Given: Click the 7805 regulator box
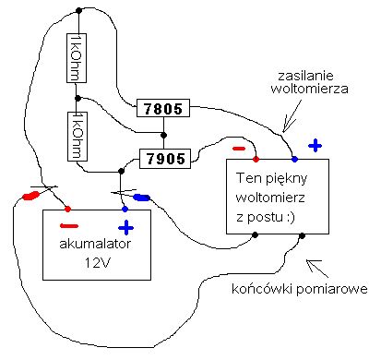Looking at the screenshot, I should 162,108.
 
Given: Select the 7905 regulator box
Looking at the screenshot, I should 162,159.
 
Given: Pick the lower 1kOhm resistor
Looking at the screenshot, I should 77,135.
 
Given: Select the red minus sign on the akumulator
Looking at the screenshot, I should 69,226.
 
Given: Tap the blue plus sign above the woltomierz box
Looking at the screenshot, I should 315,144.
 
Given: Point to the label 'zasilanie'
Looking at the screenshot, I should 316,73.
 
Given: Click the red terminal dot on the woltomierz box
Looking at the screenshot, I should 256,159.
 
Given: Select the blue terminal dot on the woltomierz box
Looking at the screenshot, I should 294,159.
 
